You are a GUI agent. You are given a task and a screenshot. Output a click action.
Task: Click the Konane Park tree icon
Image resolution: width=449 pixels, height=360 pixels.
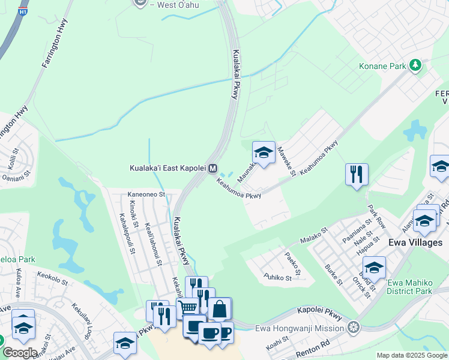(x=415, y=65)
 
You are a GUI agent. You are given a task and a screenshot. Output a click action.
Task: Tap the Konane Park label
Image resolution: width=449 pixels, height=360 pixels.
(x=382, y=66)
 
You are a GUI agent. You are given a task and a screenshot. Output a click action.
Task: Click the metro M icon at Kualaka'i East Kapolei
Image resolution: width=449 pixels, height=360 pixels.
(x=212, y=169)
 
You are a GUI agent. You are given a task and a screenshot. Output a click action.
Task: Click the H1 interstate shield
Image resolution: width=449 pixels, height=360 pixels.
(x=23, y=11)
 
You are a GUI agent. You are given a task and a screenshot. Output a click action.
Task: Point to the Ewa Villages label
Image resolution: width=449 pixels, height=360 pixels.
(x=415, y=242)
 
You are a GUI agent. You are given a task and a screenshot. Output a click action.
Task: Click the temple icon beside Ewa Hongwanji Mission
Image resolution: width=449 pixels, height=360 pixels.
(x=354, y=328)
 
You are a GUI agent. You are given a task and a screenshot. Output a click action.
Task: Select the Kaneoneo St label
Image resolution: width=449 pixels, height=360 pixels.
(x=146, y=194)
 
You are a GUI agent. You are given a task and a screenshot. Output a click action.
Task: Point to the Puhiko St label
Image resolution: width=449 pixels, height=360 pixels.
(x=277, y=277)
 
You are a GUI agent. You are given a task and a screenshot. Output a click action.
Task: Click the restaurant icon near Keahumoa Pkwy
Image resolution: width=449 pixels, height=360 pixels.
(x=357, y=174)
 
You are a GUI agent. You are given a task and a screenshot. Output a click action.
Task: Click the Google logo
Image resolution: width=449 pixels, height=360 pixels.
(x=19, y=353)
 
